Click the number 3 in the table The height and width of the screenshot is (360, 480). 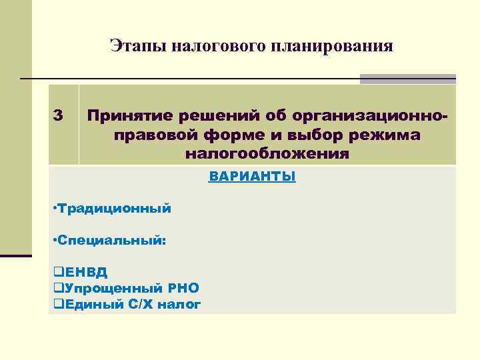[x=58, y=115]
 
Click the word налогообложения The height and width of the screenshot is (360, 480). [x=267, y=154]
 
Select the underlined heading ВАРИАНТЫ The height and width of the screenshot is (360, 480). [x=252, y=177]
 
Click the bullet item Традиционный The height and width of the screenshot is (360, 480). [x=113, y=209]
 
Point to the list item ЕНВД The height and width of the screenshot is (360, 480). [x=82, y=272]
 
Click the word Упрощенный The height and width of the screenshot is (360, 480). [x=106, y=288]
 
